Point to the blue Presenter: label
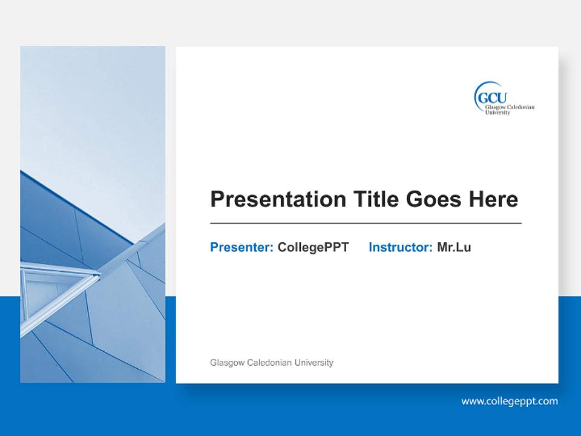point(241,247)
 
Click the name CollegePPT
point(313,247)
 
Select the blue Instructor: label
point(400,247)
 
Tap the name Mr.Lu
point(454,247)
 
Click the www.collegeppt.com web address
point(510,401)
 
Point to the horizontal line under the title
point(366,223)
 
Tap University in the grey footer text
point(313,363)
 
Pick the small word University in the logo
point(497,113)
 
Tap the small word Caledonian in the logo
point(521,107)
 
